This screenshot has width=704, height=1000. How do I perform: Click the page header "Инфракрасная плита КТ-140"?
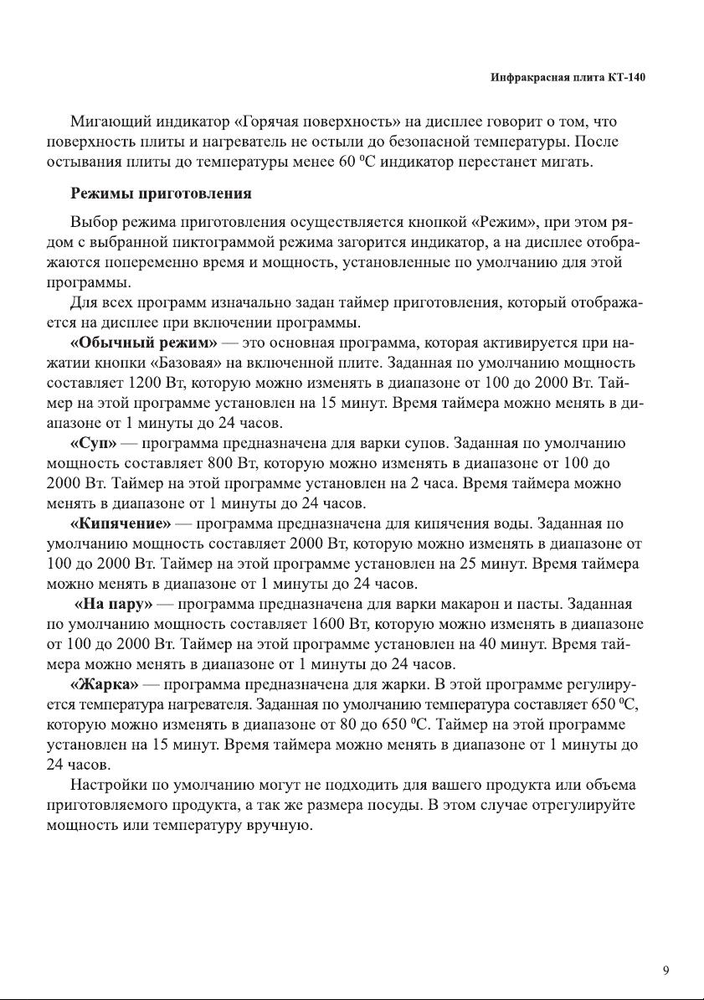click(x=568, y=78)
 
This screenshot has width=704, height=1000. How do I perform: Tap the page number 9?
click(x=665, y=971)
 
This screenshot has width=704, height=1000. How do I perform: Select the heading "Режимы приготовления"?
click(x=161, y=194)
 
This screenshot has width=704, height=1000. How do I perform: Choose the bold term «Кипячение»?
click(x=121, y=524)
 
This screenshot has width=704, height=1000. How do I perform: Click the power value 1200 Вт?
click(x=157, y=384)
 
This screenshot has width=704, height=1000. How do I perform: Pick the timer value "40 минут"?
click(x=500, y=645)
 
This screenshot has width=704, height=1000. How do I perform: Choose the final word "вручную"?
click(x=280, y=826)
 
